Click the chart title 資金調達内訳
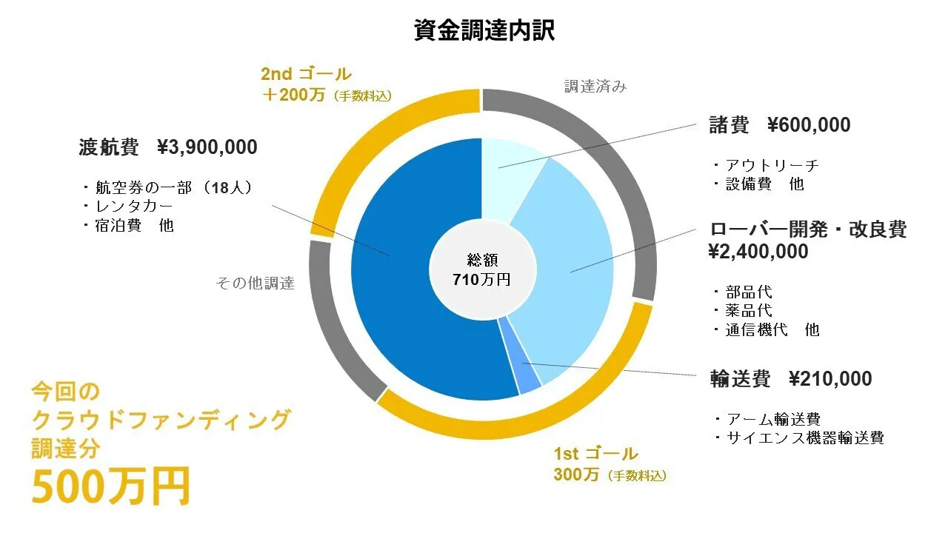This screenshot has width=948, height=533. tap(484, 30)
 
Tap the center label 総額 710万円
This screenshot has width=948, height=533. tap(482, 269)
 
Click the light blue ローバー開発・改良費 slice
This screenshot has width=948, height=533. tap(570, 266)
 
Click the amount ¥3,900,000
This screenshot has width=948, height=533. tap(207, 147)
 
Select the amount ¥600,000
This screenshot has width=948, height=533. tap(809, 125)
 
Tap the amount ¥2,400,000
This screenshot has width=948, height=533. tap(759, 252)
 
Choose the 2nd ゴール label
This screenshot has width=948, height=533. tap(306, 74)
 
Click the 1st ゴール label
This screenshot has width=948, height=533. tap(595, 454)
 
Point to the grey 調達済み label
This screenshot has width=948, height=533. tap(595, 87)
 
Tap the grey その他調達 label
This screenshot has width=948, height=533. tap(255, 283)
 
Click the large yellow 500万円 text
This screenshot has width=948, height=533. tap(111, 486)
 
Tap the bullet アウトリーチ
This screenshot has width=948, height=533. tap(772, 165)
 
